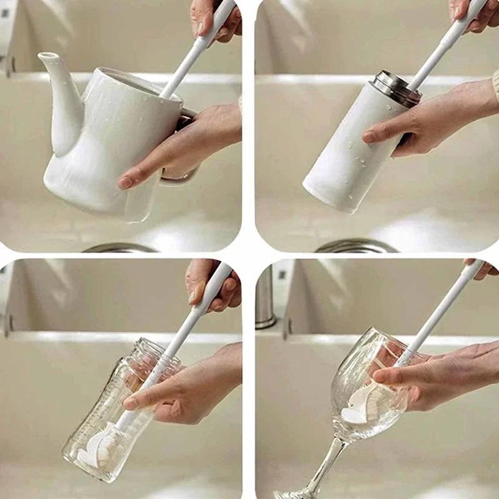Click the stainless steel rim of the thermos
click(396, 87)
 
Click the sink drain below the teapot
click(119, 248)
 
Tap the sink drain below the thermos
click(356, 246)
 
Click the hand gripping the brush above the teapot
click(215, 19)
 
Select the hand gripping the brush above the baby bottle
click(212, 284)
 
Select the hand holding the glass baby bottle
click(187, 387)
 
